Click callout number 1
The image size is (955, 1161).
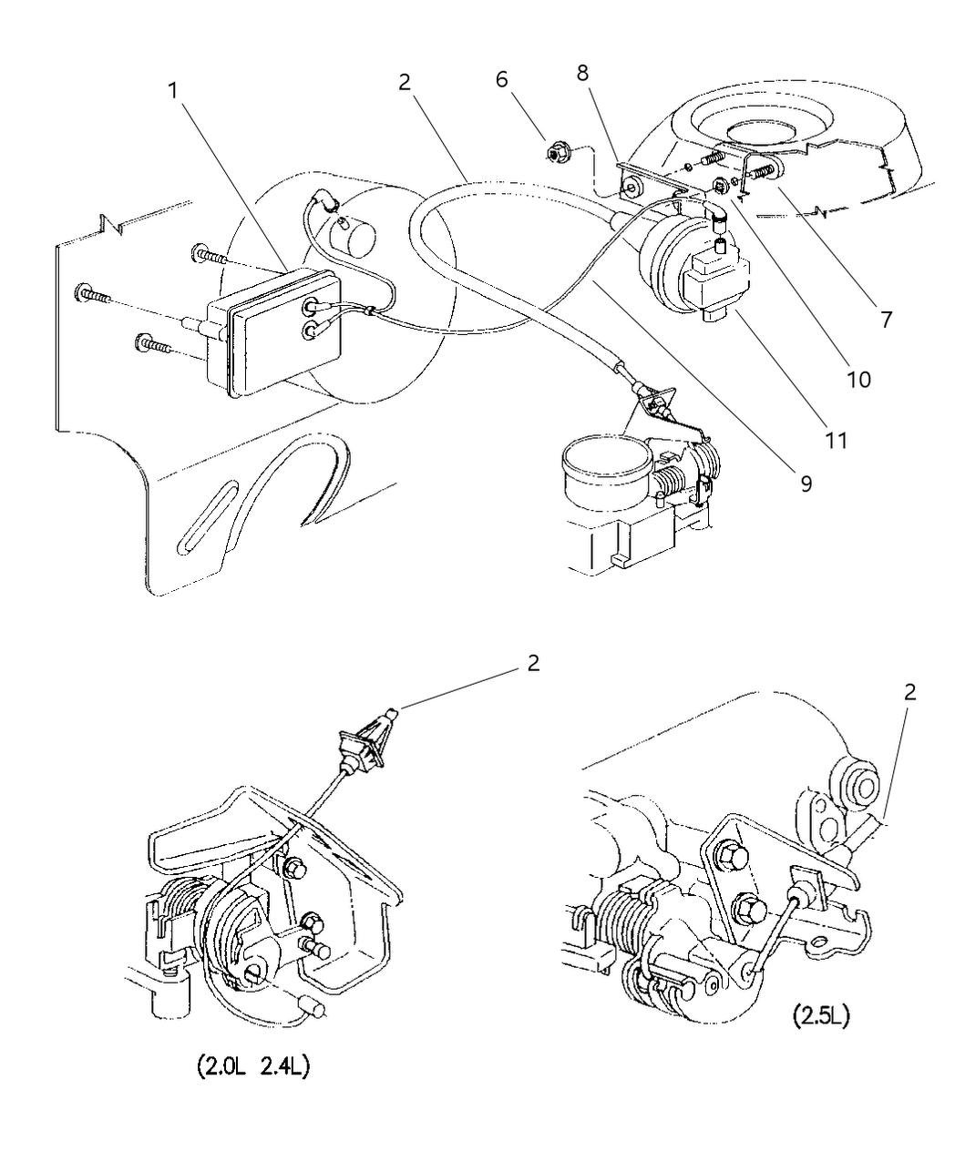coord(173,91)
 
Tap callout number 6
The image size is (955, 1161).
coord(501,80)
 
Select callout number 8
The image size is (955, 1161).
coord(582,73)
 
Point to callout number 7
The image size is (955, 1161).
coord(886,320)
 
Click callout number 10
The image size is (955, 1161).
coord(858,380)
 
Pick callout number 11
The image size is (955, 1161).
coord(836,440)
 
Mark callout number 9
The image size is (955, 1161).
coord(806,484)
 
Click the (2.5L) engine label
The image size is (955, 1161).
coord(821,1015)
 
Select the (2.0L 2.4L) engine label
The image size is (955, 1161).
coord(254,1067)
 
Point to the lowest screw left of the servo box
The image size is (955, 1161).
coord(152,344)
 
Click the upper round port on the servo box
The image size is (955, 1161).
coord(311,305)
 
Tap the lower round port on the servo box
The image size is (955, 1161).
coord(310,331)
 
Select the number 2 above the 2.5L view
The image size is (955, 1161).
coord(909,692)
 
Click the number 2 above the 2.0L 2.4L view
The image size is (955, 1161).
coord(533,663)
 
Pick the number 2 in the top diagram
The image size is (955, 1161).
coord(405,83)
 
